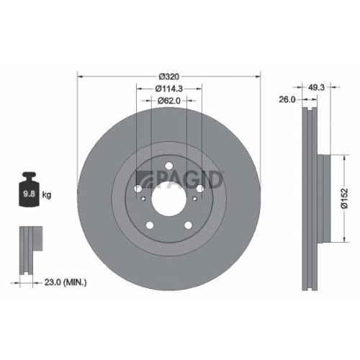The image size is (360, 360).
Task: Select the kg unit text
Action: point(47,194)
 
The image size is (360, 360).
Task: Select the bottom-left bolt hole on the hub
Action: point(150,226)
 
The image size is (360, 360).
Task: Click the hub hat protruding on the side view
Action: point(323,194)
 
